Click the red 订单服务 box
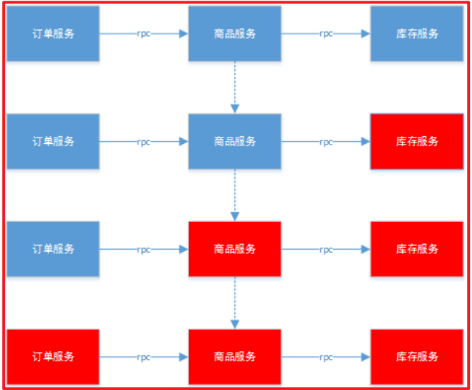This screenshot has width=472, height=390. point(53,356)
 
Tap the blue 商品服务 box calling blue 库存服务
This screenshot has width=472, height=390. point(235,34)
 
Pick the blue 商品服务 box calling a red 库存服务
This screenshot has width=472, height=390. point(235,141)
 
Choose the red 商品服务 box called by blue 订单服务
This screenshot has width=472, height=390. point(235,249)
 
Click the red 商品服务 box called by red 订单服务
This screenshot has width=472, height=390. point(235,356)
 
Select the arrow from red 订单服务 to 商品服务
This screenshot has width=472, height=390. point(169,357)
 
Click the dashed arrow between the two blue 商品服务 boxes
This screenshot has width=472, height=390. point(235,87)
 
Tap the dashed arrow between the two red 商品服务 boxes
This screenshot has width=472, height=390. point(235,303)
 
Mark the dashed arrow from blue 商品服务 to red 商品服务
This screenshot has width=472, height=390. point(235,195)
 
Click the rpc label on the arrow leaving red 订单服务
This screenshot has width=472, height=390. point(144,357)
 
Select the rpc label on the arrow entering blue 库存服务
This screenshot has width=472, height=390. point(326,34)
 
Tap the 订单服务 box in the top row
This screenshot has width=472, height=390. point(53,34)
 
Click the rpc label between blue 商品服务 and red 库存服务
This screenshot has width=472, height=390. point(326,142)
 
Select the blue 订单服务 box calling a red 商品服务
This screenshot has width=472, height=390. point(53,249)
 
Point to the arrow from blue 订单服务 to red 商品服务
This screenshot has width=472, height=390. point(169,250)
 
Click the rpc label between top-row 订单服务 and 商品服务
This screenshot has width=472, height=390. point(144,34)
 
